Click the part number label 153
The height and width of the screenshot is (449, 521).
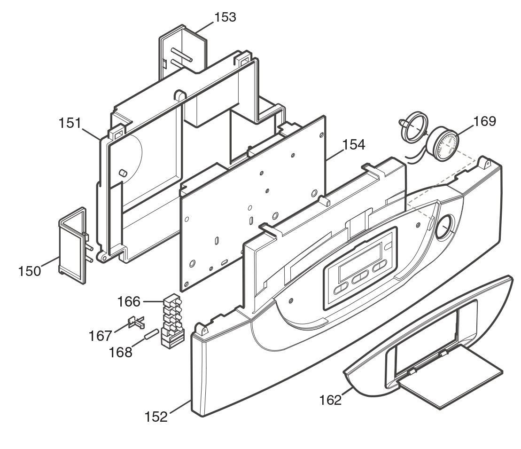226,17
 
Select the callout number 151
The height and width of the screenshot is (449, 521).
70,123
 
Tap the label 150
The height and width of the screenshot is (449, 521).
30,271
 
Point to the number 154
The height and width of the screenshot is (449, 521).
354,145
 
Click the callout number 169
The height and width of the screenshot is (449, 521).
484,121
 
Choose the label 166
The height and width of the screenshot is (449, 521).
129,302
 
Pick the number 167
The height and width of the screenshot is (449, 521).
101,336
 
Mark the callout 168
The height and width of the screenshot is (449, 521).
121,352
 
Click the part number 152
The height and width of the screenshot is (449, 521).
156,417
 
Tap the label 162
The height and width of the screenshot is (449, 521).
330,400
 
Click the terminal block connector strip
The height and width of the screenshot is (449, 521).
172,321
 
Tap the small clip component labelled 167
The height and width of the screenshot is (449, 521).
136,322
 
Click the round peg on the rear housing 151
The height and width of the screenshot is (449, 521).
123,173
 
